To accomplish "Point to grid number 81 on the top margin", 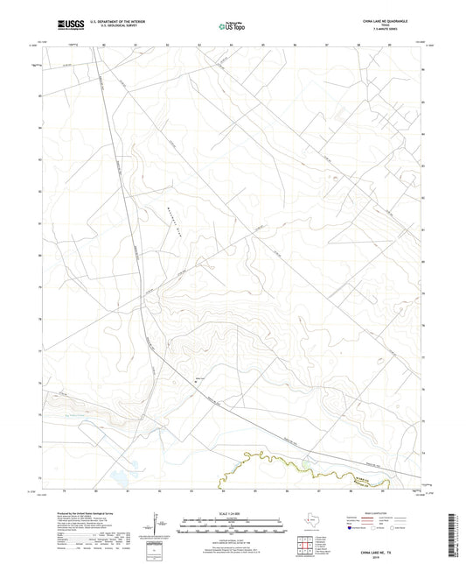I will (x=136, y=42).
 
